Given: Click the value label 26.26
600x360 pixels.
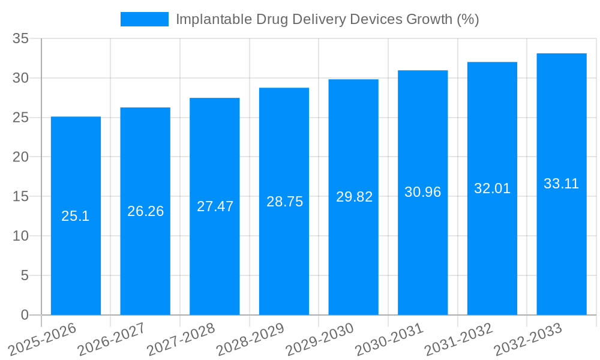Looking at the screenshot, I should click(x=145, y=211).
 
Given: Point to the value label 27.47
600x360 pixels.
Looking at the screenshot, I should click(x=215, y=206).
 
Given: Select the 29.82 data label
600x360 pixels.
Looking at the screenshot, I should click(x=354, y=197).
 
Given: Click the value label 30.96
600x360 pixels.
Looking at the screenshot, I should click(x=422, y=192).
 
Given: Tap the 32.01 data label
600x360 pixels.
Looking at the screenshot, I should click(x=492, y=188).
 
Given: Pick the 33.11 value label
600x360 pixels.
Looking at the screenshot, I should click(x=561, y=184).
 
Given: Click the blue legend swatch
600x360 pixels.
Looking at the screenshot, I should click(x=144, y=19).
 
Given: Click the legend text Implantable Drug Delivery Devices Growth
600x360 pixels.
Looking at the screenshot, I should click(x=327, y=19).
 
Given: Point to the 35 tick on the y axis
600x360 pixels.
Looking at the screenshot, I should click(x=21, y=39).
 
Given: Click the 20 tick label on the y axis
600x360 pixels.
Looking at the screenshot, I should click(x=21, y=157).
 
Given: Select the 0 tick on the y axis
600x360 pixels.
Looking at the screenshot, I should click(x=25, y=315).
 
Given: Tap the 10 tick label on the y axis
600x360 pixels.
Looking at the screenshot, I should click(x=21, y=236).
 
